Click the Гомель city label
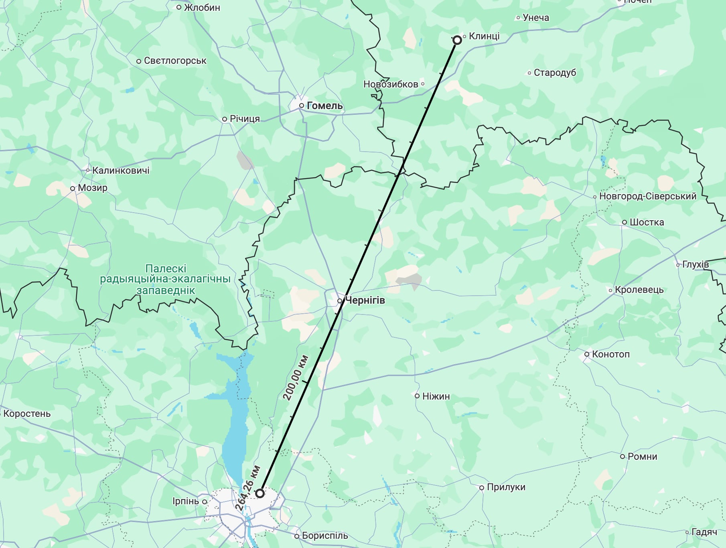[324, 106]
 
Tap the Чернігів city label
[364, 300]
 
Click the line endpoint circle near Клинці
[457, 40]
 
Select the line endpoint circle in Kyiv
[260, 493]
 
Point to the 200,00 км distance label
[296, 378]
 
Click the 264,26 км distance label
[247, 488]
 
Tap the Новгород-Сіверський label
[647, 196]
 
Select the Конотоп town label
[610, 354]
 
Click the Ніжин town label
[436, 396]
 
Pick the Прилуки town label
[506, 487]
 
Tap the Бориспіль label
[324, 536]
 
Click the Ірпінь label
[186, 501]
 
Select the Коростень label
[27, 414]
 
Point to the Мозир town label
[92, 188]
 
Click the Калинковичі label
[121, 170]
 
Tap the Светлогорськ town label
[175, 61]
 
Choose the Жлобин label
[202, 8]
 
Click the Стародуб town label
[555, 73]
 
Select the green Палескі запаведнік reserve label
[165, 279]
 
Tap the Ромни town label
[642, 456]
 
